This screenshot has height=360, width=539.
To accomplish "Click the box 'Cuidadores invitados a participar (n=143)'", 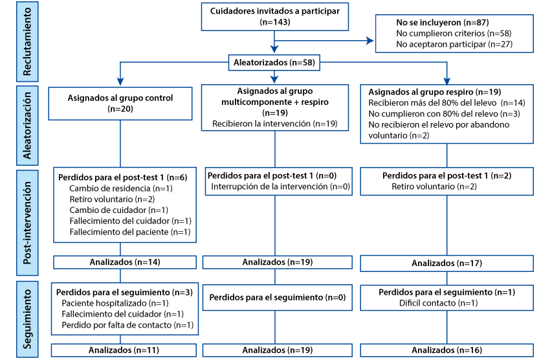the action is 274,16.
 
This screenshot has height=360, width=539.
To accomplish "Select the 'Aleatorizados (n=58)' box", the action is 274,62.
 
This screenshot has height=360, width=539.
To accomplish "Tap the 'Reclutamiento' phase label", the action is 27,41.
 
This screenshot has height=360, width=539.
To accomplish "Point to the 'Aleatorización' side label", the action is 27,126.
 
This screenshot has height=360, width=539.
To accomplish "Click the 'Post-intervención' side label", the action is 27,223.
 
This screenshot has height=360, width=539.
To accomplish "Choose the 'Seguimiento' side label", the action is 27,319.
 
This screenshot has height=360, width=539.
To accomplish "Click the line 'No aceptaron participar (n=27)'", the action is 454,45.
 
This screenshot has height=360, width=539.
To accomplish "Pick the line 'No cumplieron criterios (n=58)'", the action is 454,34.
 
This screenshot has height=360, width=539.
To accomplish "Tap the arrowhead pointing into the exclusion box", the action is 370,41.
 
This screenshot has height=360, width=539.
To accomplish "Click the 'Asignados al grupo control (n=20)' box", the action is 120,104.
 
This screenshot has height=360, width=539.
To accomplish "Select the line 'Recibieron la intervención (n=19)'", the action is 274,124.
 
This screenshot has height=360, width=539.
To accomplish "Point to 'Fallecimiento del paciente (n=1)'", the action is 130,232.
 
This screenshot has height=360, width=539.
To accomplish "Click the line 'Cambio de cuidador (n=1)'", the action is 118,210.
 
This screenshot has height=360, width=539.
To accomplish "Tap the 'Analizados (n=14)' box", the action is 125,262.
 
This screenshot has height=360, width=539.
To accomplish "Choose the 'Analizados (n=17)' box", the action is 447,264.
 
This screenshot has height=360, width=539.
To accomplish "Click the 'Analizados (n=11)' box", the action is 124,350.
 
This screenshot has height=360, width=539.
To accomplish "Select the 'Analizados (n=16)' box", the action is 447,350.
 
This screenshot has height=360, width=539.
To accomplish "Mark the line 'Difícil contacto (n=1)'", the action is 438,303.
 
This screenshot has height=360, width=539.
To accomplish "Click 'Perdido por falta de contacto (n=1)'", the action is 127,325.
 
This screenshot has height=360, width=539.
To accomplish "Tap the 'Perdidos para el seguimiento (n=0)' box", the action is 278,297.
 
